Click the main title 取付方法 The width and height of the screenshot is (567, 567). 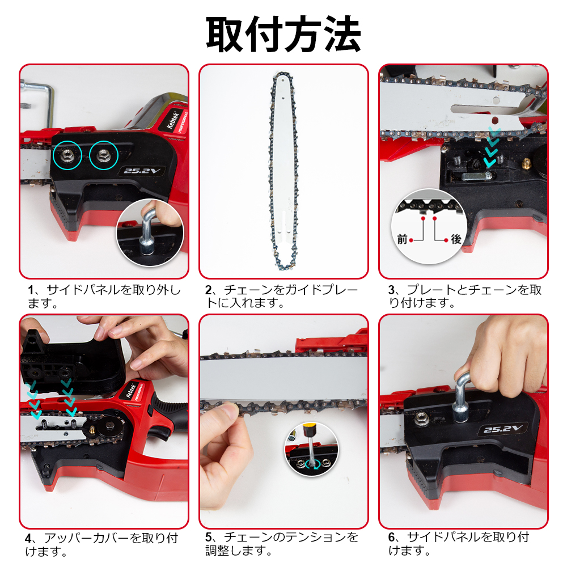pyautogui.click(x=283, y=35)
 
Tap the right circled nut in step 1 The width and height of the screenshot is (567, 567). pyautogui.click(x=103, y=154)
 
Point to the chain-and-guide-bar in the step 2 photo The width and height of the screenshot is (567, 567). pyautogui.click(x=283, y=170)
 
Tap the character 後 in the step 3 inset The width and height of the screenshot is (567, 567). pyautogui.click(x=456, y=240)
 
